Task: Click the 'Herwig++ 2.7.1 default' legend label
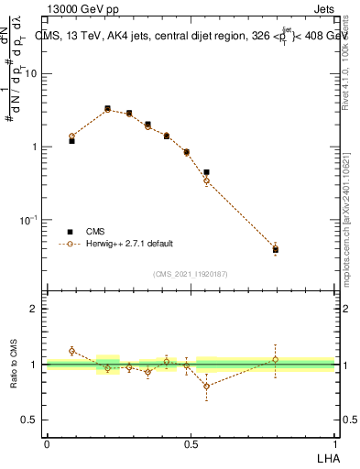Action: [x=129, y=244]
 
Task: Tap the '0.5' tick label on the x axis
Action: [x=191, y=442]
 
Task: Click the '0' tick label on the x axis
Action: [x=46, y=442]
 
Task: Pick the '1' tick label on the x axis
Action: [x=334, y=442]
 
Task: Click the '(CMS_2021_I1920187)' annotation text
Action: [x=190, y=274]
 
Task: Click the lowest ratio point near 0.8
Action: [x=207, y=386]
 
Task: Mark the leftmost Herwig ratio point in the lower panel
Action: [x=71, y=351]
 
